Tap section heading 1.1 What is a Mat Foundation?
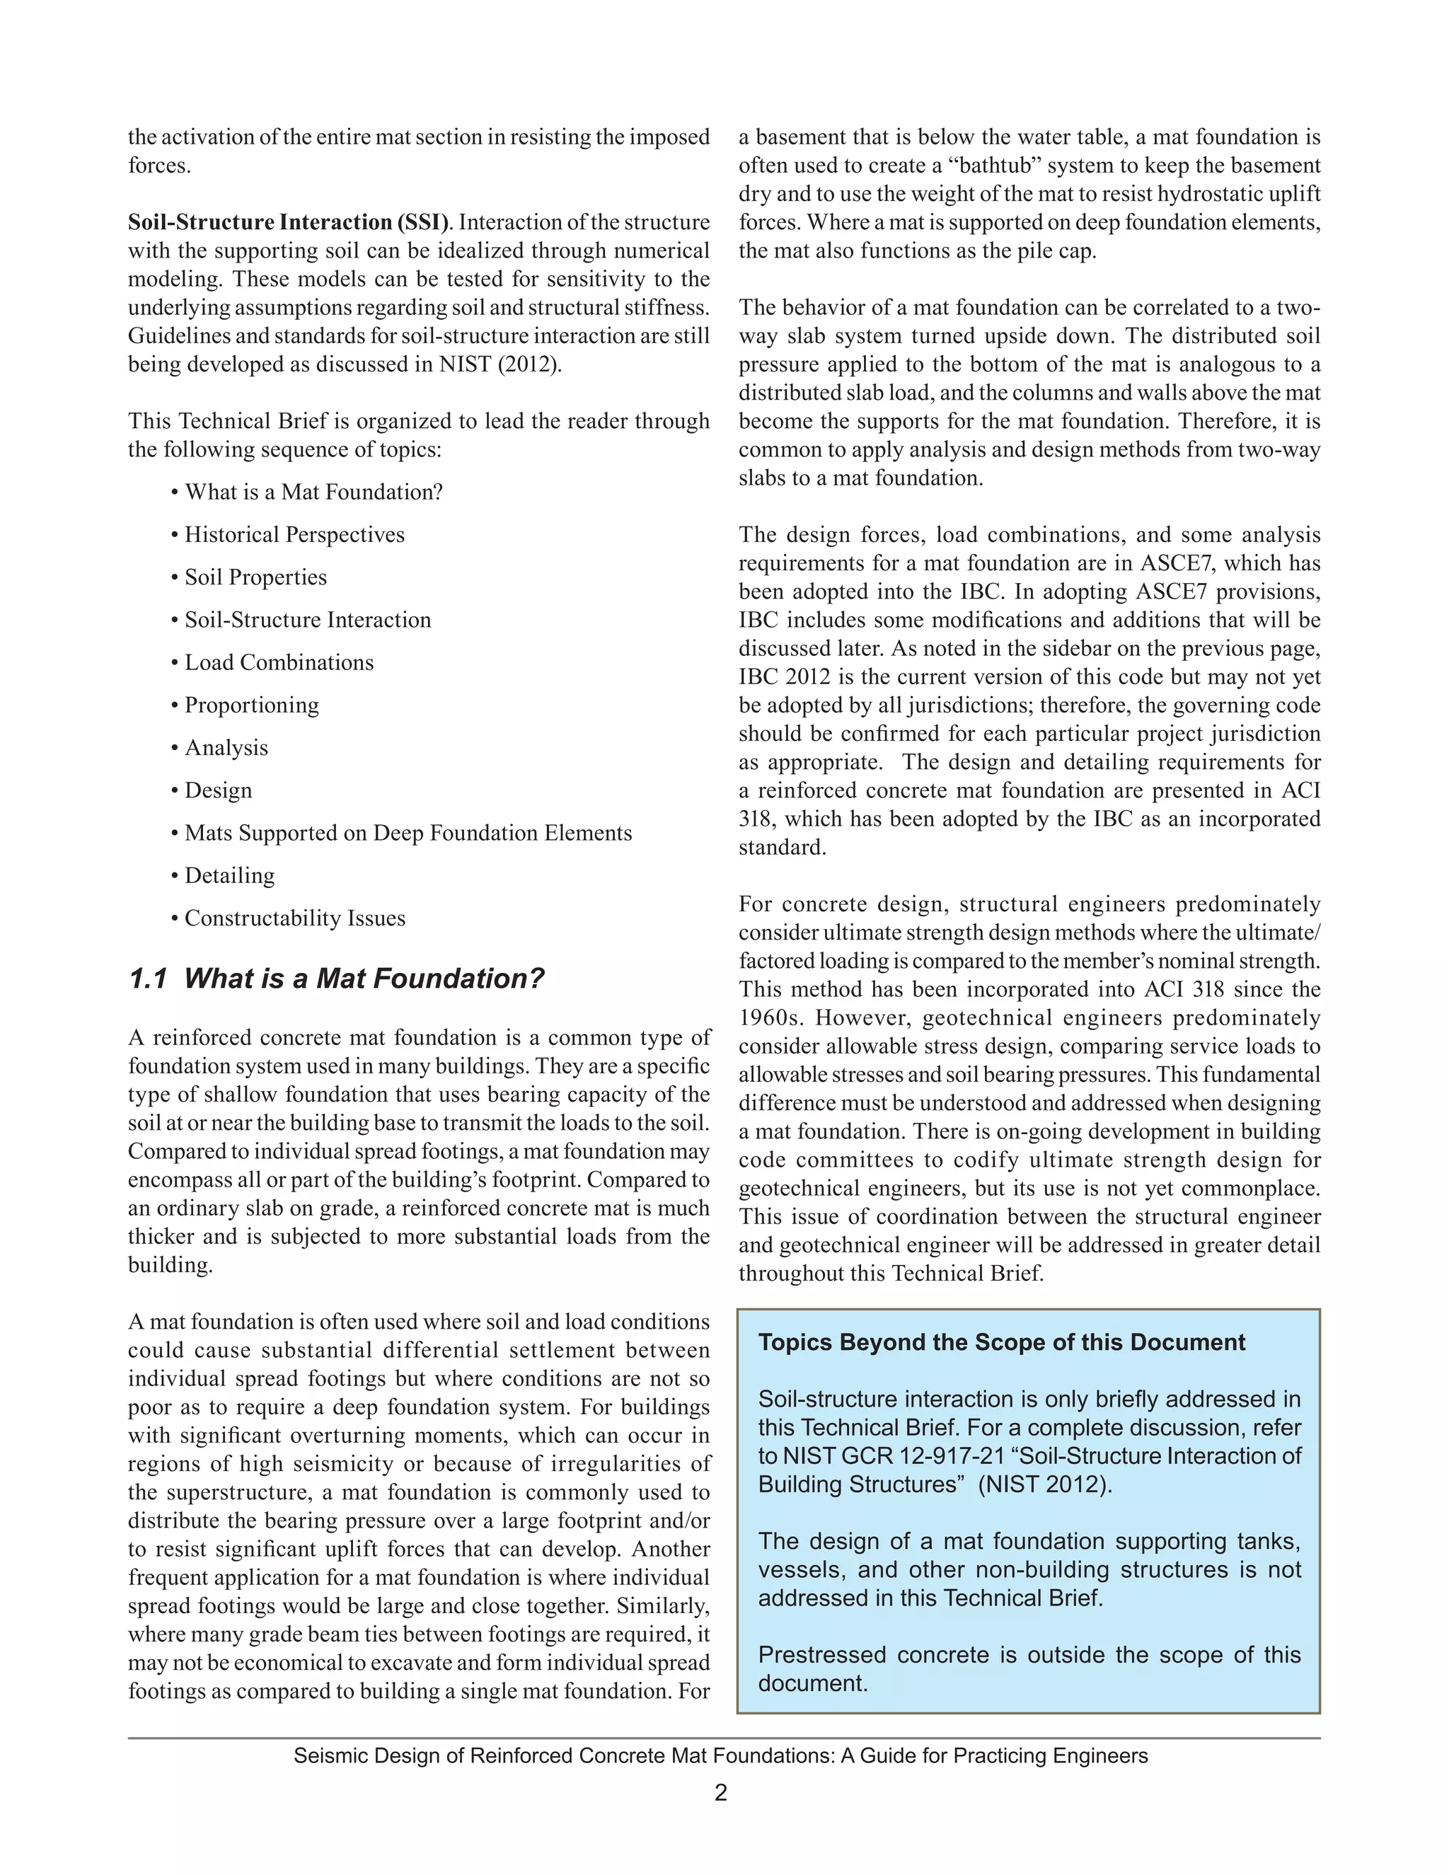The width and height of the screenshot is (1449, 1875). pyautogui.click(x=337, y=979)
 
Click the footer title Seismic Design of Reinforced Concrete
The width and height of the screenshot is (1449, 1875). pyautogui.click(x=720, y=1755)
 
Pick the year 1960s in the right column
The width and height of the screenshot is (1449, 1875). pyautogui.click(x=770, y=1018)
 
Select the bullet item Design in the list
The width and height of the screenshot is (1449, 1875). pyautogui.click(x=218, y=791)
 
